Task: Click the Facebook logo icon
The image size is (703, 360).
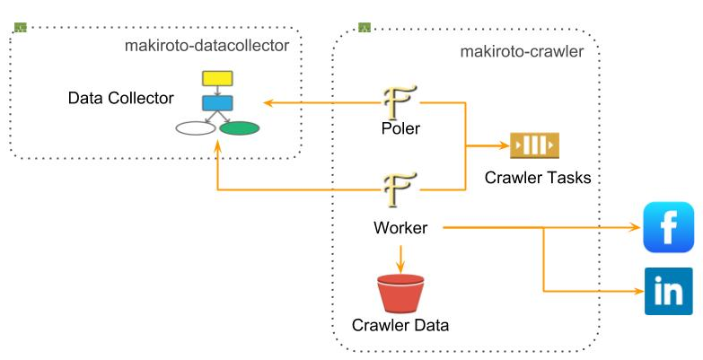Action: point(669,227)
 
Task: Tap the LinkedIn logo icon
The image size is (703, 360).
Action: point(669,291)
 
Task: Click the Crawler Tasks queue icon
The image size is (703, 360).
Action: point(534,145)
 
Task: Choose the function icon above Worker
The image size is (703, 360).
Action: point(400,189)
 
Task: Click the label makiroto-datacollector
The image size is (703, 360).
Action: point(207,44)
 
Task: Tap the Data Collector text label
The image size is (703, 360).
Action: point(119,96)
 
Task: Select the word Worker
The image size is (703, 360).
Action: point(400,228)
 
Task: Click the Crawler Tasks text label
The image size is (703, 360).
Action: point(538,177)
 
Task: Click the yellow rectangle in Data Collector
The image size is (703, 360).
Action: point(217,78)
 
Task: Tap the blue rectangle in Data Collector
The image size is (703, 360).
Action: point(217,102)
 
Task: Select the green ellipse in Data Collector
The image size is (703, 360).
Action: point(240,127)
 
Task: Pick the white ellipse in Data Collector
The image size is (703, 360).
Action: point(196,127)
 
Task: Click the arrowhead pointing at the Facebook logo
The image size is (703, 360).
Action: point(636,228)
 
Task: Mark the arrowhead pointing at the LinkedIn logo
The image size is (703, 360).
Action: point(637,291)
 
